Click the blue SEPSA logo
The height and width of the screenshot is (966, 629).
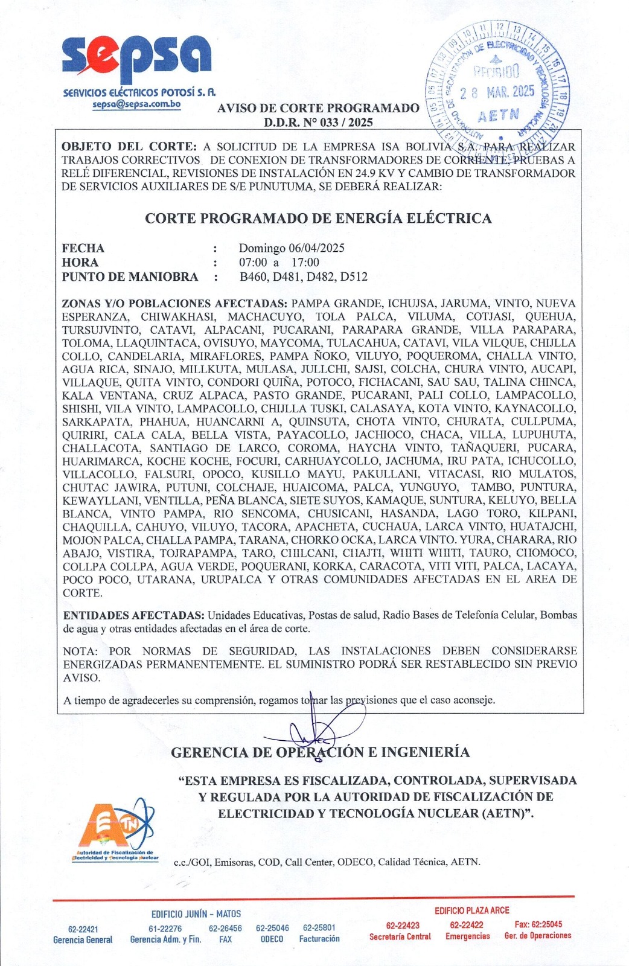(137, 59)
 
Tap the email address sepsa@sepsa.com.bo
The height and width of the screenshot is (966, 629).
(136, 104)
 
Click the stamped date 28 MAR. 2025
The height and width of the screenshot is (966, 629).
(497, 92)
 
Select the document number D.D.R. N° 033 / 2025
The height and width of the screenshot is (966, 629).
(318, 122)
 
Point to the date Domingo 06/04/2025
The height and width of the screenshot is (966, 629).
(292, 248)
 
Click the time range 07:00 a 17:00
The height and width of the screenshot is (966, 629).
(279, 263)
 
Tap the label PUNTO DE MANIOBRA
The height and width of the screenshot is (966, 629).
(130, 277)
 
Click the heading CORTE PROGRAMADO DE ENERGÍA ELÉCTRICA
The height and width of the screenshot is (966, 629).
(318, 219)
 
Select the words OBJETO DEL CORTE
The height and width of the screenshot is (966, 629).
(129, 147)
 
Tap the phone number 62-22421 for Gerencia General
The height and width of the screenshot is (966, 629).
(83, 929)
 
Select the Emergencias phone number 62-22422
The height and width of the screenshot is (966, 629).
(467, 924)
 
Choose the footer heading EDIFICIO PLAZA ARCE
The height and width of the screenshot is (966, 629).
(472, 910)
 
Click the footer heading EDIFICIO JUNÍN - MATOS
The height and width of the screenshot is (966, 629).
(196, 914)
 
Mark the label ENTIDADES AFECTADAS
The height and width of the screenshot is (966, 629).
(133, 616)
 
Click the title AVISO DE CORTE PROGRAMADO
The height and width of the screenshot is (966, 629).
(318, 109)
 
